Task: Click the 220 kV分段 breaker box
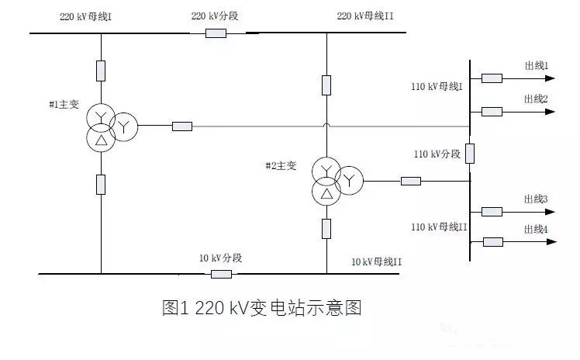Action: (x=216, y=33)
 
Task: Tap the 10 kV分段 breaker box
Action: (x=221, y=274)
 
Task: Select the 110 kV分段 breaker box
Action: (x=470, y=154)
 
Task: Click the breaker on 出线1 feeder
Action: (x=492, y=78)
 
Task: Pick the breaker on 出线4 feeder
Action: (x=492, y=242)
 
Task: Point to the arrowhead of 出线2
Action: (x=550, y=112)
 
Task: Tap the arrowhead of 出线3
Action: (x=550, y=212)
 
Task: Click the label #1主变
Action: (x=64, y=104)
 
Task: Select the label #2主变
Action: (x=281, y=166)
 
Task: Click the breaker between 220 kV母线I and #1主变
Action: (x=101, y=71)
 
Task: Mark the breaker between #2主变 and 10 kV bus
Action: (x=326, y=229)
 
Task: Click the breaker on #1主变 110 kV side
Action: (x=182, y=126)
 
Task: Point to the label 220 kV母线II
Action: (x=365, y=16)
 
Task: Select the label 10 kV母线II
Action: (x=376, y=262)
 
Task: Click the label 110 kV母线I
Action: (x=437, y=87)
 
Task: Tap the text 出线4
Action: (x=536, y=230)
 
